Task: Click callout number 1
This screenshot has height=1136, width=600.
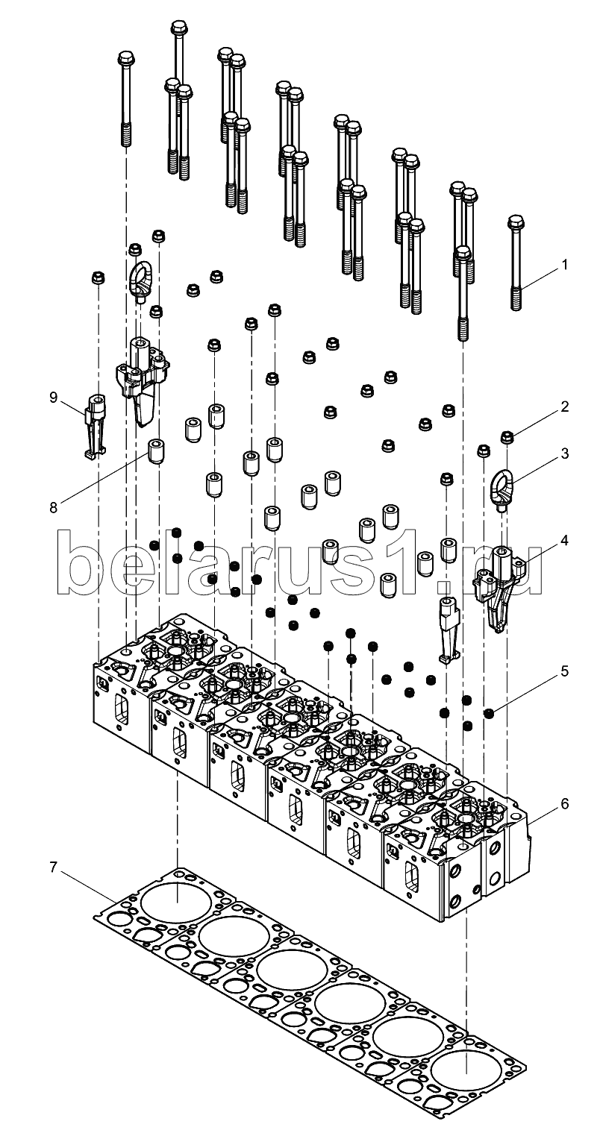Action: coord(564,264)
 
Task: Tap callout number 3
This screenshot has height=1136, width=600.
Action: coord(564,453)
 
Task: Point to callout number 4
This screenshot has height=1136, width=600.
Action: coord(564,541)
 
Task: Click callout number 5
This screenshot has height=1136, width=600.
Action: coord(564,672)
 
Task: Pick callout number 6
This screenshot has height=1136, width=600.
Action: coord(564,803)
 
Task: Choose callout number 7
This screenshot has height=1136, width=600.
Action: coord(53,867)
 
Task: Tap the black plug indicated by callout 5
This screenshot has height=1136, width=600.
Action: coord(489,714)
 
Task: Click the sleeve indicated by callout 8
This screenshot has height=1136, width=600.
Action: coord(157,451)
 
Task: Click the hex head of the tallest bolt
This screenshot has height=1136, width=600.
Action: coord(178,28)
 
